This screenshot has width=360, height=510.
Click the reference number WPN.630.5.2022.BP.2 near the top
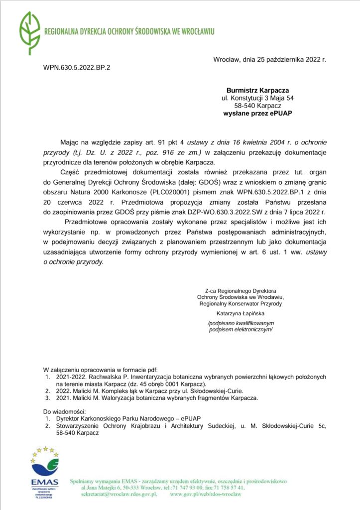click(x=77, y=67)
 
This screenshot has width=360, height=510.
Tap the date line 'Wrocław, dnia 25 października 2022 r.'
click(x=269, y=59)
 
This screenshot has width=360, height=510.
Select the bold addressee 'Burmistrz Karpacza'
click(x=257, y=90)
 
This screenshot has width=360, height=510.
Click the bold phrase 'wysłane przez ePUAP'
click(x=257, y=114)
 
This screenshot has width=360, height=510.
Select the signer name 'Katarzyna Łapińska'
click(x=240, y=314)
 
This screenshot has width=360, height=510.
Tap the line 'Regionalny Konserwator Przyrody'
click(x=240, y=303)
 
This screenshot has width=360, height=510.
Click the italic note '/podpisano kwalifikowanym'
click(x=240, y=324)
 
